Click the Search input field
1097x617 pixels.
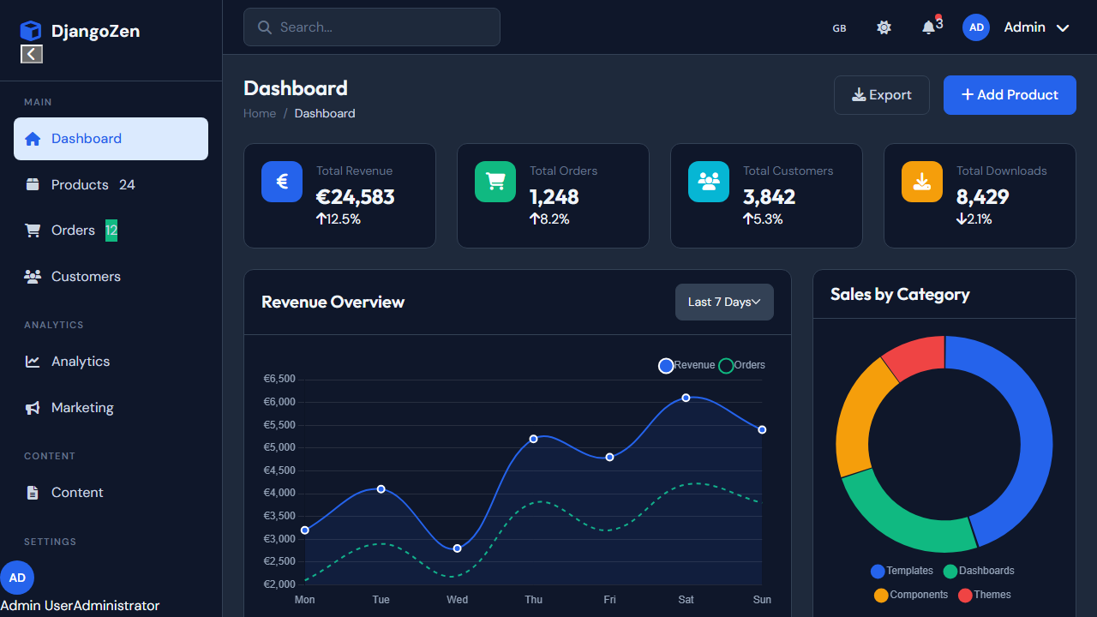372,27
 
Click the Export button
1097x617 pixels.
881,95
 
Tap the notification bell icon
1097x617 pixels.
928,27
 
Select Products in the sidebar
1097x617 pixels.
80,185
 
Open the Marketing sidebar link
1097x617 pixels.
82,408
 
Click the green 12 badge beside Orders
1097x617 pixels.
111,231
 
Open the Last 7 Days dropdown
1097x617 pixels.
724,303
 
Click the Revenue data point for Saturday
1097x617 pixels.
686,398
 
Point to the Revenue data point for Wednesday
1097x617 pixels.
457,548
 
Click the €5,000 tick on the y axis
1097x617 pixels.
279,447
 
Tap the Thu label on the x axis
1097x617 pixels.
533,600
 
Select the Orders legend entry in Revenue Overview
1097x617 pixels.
741,366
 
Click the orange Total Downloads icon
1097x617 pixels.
922,182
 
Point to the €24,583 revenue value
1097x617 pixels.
355,197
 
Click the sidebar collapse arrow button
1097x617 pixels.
32,54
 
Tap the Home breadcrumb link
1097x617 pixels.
260,114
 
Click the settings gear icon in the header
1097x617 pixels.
884,27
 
